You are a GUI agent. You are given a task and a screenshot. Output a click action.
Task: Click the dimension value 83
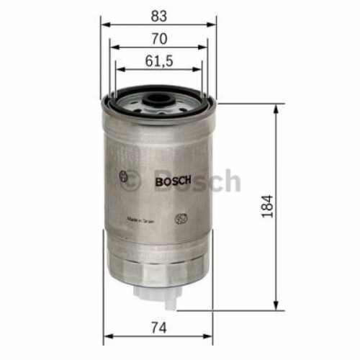158,12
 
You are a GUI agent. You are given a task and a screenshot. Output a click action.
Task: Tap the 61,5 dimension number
159,61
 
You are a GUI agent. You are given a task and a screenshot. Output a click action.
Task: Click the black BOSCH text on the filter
173,181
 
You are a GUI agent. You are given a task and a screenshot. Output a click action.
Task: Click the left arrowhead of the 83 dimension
105,24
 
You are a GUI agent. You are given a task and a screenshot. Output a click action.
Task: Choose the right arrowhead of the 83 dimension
213,24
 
